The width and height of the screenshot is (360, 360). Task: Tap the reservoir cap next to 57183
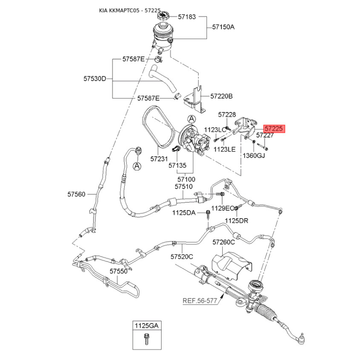(163, 16)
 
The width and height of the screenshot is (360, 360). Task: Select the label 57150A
(223, 27)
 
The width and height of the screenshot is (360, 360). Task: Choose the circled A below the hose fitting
(137, 166)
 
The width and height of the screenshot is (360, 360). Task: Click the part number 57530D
(94, 79)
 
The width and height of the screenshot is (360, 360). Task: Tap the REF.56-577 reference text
(200, 301)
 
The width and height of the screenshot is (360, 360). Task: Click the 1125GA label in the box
(147, 325)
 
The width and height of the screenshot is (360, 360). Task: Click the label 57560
(76, 194)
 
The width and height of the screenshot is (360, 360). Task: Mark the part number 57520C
(182, 256)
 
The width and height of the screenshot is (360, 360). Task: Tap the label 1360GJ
(254, 156)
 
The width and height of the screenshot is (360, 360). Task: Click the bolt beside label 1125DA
(208, 214)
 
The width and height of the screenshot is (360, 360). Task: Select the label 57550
(118, 271)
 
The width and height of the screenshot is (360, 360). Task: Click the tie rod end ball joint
(301, 339)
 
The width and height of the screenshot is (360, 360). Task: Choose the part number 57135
(177, 166)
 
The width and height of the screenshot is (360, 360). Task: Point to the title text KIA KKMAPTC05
(119, 10)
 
